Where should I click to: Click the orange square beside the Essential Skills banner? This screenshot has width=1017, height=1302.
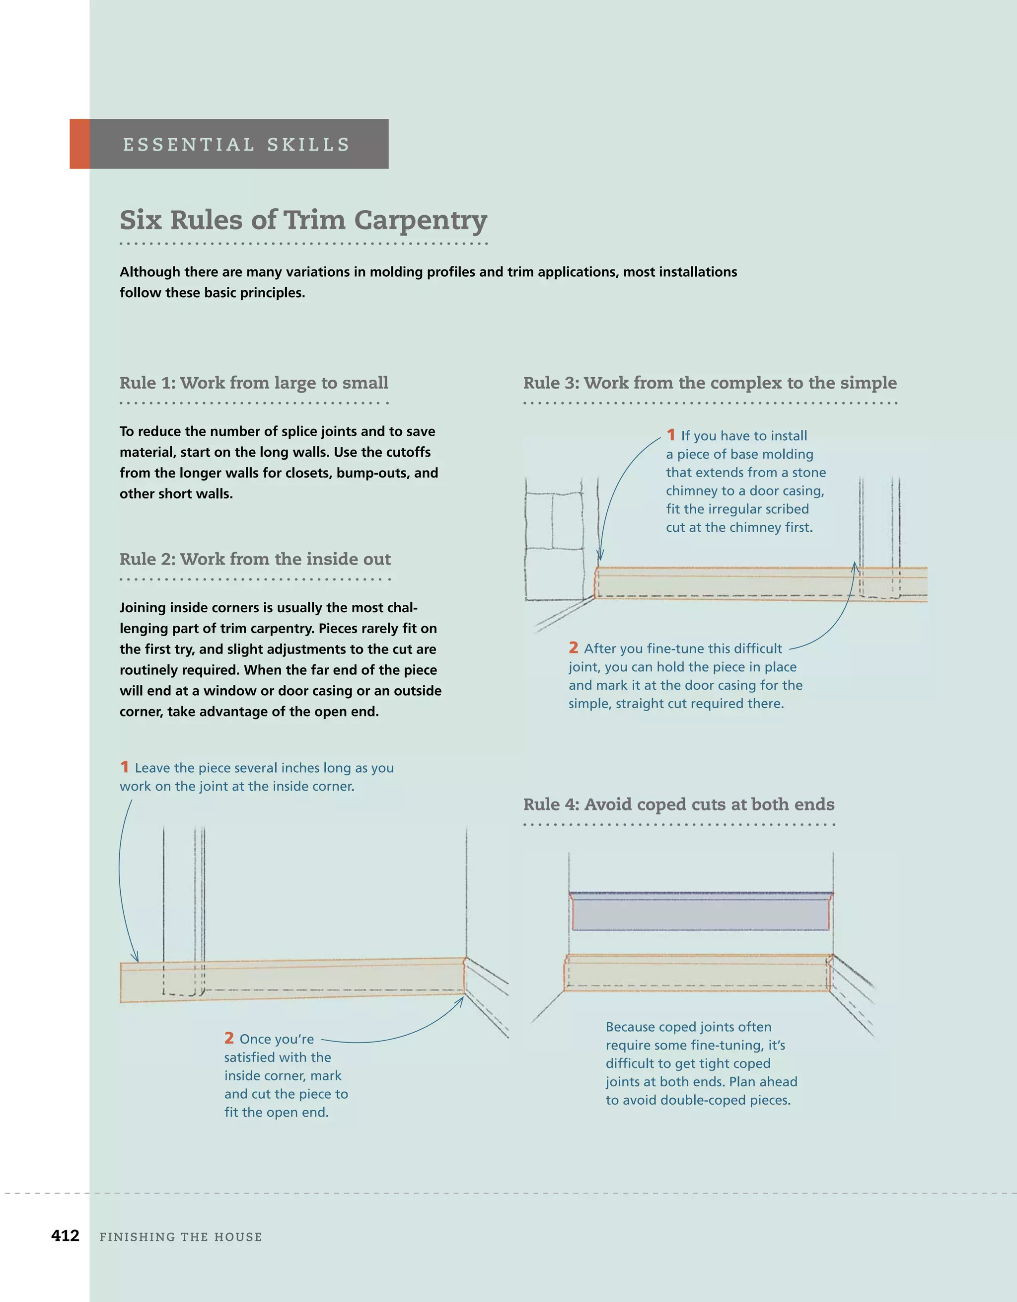(79, 144)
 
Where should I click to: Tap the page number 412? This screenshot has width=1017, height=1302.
(65, 1235)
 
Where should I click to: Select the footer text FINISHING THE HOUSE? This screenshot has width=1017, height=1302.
(181, 1237)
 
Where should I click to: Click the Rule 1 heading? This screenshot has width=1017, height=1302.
(254, 383)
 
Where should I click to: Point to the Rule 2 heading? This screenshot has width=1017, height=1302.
(255, 559)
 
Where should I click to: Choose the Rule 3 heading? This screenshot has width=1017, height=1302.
(710, 383)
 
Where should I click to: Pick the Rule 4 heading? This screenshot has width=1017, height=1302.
(679, 804)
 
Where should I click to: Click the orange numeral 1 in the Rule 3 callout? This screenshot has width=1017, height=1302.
(671, 435)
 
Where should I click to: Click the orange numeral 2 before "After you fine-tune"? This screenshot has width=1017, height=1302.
(573, 648)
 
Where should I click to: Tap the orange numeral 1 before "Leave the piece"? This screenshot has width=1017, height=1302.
(125, 767)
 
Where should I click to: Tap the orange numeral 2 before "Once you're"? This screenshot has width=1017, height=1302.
(229, 1038)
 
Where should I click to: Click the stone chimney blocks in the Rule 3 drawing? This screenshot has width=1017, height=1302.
(554, 537)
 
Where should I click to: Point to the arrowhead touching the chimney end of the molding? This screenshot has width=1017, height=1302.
(600, 556)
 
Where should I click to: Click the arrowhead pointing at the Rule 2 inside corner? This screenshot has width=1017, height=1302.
(459, 1001)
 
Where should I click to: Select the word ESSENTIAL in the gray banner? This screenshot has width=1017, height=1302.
(188, 145)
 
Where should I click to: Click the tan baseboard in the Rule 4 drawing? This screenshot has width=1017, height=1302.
(697, 973)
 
